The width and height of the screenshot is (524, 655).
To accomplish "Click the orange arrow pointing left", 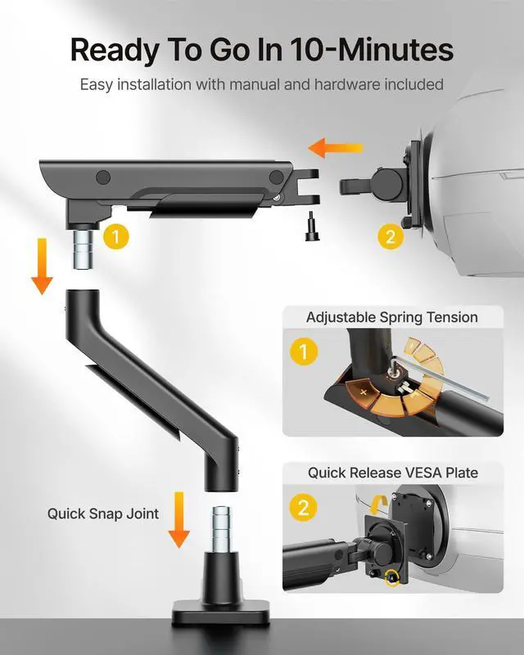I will pyautogui.click(x=335, y=149).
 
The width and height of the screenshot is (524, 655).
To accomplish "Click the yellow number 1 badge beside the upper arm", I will pyautogui.click(x=116, y=237).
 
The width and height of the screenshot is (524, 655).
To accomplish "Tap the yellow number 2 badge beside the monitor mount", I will pyautogui.click(x=391, y=237).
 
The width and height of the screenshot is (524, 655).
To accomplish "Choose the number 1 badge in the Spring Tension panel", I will pyautogui.click(x=303, y=353).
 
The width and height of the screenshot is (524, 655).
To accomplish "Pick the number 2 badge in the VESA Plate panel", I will pyautogui.click(x=303, y=508).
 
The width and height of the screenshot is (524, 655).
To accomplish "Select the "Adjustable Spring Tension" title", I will pyautogui.click(x=391, y=317).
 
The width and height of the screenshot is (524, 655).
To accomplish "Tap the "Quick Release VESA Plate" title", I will pyautogui.click(x=393, y=473).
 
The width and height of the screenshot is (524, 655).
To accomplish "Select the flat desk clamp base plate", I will pyautogui.click(x=221, y=611).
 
